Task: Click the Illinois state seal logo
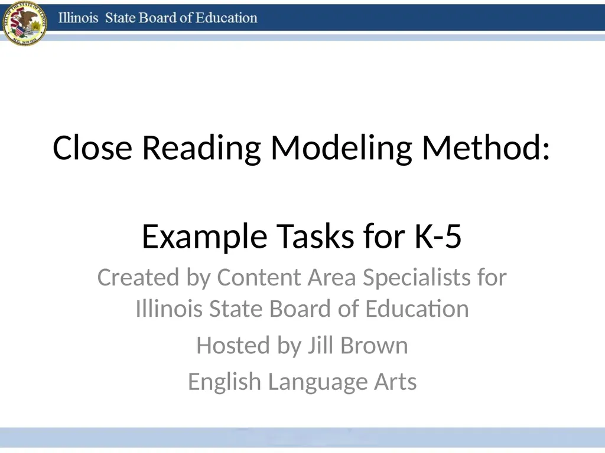[x=24, y=23]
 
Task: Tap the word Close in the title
[x=92, y=148]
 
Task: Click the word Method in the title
[x=486, y=147]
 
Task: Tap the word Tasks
[x=315, y=236]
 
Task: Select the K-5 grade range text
[x=438, y=236]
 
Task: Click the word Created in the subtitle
[x=138, y=277]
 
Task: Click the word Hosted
[x=233, y=345]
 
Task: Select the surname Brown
[x=374, y=346]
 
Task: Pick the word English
[x=225, y=382]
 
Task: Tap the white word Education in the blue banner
[x=226, y=18]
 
